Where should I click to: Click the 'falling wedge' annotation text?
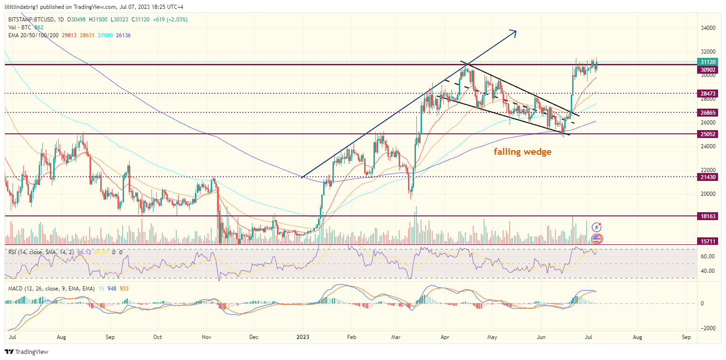[x=522, y=152]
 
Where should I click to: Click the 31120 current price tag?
[x=709, y=62]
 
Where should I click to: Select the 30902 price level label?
[x=709, y=70]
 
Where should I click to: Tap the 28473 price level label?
[x=709, y=94]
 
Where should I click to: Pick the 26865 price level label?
[x=709, y=113]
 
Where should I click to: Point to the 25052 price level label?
[x=709, y=134]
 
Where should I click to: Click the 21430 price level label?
[x=709, y=177]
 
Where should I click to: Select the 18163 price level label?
[x=709, y=217]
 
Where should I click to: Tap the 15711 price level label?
[x=709, y=241]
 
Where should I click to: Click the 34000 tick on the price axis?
[x=709, y=28]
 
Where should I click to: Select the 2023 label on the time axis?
[x=303, y=336]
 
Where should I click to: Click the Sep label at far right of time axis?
[x=686, y=336]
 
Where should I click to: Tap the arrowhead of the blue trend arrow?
[x=515, y=31]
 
